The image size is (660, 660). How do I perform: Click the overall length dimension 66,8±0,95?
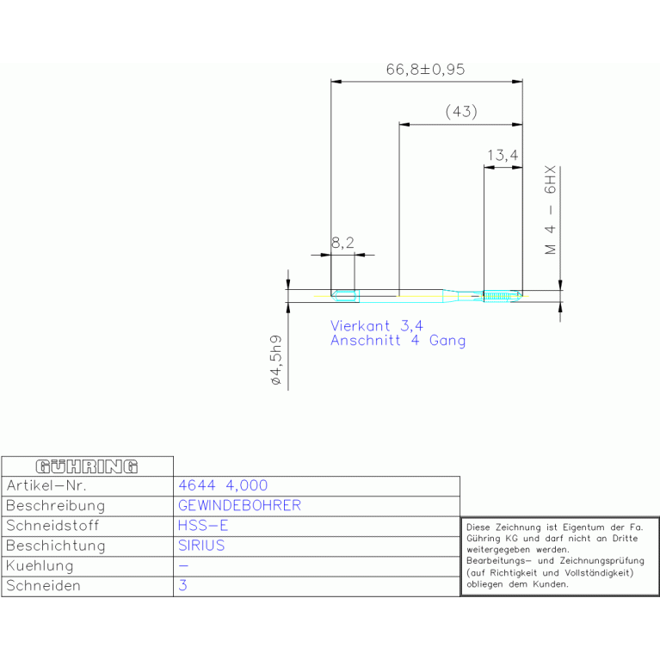click(426, 70)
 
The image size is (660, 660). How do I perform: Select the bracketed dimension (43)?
click(461, 112)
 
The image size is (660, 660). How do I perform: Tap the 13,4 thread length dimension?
click(503, 155)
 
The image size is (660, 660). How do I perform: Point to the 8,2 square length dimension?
click(342, 243)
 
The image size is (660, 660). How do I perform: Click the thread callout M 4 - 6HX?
click(550, 210)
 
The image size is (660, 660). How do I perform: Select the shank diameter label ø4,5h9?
click(275, 360)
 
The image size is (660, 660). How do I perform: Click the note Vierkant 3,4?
click(376, 326)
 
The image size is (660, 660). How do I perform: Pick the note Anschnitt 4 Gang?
click(398, 341)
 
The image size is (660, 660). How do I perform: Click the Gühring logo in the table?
click(87, 466)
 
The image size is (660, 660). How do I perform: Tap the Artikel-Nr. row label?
click(46, 485)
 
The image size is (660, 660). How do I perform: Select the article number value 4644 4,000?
click(223, 485)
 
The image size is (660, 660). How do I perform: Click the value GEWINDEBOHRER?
click(239, 505)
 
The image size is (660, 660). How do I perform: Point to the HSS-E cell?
click(203, 526)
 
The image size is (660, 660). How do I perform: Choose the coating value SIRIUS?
click(201, 546)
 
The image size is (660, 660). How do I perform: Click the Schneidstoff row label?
click(52, 526)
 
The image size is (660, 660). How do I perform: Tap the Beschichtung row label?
click(56, 546)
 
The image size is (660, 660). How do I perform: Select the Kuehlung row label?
click(40, 565)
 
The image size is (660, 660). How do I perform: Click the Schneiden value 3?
click(182, 585)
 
